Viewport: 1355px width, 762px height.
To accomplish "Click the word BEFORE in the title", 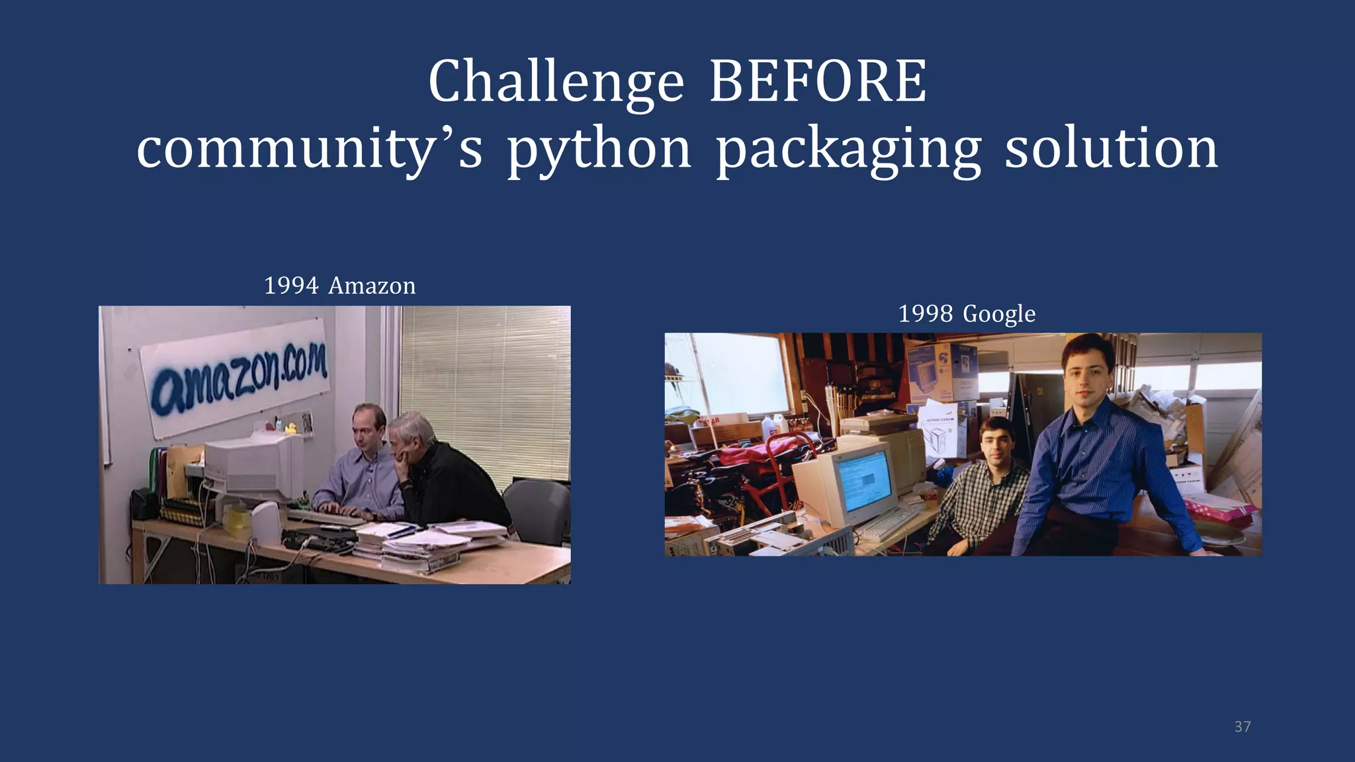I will pos(818,81).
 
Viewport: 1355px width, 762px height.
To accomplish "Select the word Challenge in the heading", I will pos(556,83).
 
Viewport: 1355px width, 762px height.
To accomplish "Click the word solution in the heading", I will pos(1112,149).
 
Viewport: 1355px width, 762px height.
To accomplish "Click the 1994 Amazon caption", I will pos(339,286).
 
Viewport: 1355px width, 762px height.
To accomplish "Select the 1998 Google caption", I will pos(966,314).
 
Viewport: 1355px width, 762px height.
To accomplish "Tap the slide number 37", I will pos(1243,726).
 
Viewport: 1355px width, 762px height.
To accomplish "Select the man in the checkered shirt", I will pos(979,489).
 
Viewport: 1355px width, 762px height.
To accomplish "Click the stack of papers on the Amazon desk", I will pos(423,542).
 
